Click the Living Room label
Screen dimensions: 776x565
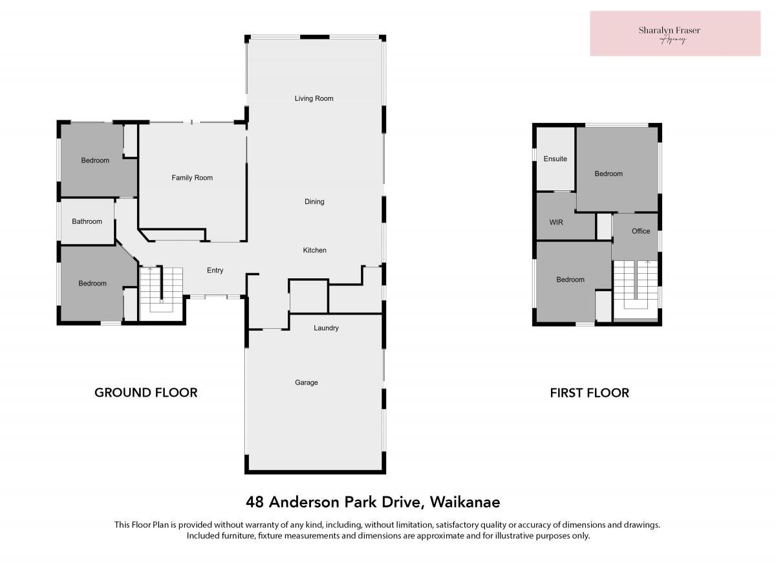(x=314, y=98)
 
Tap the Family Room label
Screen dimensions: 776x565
(x=192, y=178)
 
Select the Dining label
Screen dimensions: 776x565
(x=314, y=201)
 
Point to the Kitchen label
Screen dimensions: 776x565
(x=314, y=250)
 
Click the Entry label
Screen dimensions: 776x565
(x=215, y=271)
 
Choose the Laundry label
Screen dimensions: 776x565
(x=326, y=328)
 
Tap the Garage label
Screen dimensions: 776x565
(x=307, y=382)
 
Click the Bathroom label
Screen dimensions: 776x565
(x=87, y=221)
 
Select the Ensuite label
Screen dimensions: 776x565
(x=555, y=159)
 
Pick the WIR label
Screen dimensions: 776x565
(x=556, y=222)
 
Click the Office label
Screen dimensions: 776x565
(x=641, y=231)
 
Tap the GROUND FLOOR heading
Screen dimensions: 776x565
(x=146, y=393)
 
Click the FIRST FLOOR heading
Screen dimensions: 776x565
(x=589, y=393)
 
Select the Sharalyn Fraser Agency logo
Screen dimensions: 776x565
(x=675, y=33)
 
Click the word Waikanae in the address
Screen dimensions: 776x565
(x=465, y=502)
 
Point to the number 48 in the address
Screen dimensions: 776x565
(x=255, y=502)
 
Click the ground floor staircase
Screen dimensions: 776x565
(x=161, y=289)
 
